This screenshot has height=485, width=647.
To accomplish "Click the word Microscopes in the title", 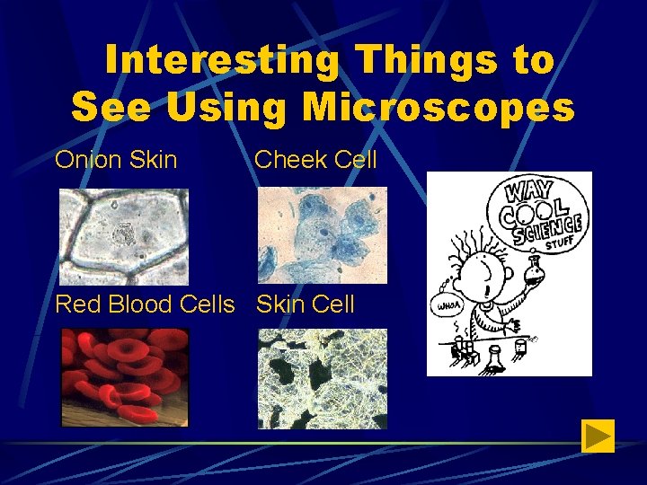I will pos(438,107).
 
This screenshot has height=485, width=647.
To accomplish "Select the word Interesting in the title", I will pos(222,61).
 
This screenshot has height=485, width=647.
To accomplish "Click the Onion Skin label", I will pos(116,161).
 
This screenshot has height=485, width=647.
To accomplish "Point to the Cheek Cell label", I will pos(315,161).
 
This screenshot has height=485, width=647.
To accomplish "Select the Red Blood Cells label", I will pos(145,304).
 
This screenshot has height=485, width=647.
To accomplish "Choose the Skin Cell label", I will pos(306,304).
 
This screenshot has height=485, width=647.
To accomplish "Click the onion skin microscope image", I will pos(124,236).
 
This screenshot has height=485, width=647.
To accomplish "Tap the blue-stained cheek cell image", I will pos(323,235).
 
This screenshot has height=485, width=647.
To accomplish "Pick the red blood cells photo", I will pos(124,377).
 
